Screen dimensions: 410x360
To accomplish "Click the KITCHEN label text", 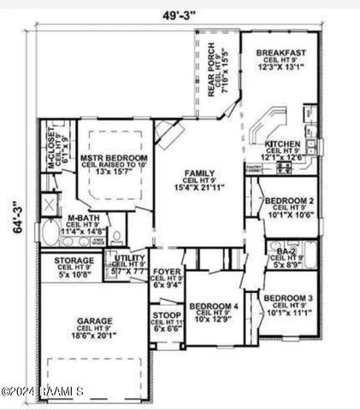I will (x=282, y=143).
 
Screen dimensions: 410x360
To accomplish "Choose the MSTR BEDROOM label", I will (x=113, y=159).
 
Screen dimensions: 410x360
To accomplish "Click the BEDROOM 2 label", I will (x=287, y=201).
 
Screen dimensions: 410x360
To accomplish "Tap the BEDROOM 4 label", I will (x=214, y=306).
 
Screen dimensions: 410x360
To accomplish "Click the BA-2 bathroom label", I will (x=286, y=250).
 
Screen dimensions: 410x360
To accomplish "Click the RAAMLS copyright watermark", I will (x=42, y=392).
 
